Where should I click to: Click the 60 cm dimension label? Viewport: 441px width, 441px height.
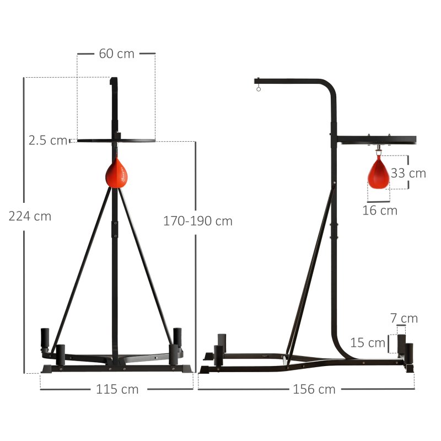[116, 54]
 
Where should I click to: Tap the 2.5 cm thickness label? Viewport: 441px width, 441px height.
[48, 141]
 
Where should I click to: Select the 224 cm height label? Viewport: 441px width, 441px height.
[30, 216]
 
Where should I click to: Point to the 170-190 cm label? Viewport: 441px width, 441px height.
[198, 221]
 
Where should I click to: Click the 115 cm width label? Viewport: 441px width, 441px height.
[117, 389]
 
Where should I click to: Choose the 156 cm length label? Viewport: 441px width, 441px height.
[314, 389]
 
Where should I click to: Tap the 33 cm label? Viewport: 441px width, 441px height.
[408, 173]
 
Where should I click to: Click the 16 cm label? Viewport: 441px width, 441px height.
[380, 210]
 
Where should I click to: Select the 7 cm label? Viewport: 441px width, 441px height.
[404, 318]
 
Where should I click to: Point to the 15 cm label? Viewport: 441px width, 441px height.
[368, 343]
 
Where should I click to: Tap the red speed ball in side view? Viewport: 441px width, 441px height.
[379, 172]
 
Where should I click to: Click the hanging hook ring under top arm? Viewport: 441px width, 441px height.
[258, 87]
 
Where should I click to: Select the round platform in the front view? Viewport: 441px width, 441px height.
[116, 141]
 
